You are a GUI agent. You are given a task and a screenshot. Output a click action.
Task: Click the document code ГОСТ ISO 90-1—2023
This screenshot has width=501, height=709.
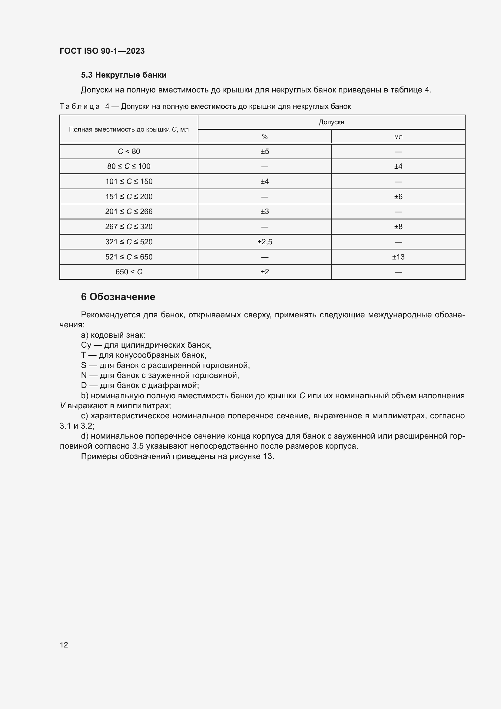(x=102, y=51)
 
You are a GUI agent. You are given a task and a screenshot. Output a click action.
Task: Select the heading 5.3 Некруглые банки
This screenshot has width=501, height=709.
(x=124, y=75)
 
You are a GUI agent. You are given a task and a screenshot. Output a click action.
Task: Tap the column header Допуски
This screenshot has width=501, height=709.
(x=331, y=122)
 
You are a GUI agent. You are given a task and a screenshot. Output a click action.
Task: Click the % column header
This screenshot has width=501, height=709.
(x=265, y=137)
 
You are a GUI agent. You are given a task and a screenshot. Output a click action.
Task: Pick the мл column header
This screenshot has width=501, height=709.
(x=398, y=137)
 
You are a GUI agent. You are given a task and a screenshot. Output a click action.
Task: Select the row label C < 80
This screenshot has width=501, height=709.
(x=129, y=152)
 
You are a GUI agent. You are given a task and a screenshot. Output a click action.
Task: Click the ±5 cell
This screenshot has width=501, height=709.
(x=265, y=152)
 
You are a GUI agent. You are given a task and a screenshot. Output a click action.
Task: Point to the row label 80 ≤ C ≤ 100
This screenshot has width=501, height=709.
(x=129, y=166)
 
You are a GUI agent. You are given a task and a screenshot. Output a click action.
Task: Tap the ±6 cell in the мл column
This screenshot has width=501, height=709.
(x=398, y=197)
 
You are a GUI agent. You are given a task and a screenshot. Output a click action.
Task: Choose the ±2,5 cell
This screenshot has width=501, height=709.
(x=265, y=242)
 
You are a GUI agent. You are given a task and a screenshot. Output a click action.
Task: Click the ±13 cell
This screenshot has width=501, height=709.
(x=398, y=257)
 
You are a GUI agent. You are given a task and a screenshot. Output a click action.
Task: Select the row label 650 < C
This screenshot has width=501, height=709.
(x=129, y=272)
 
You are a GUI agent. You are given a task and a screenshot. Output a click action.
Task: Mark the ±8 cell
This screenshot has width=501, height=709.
(x=398, y=227)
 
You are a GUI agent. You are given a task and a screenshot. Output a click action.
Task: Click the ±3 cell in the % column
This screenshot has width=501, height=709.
(x=265, y=212)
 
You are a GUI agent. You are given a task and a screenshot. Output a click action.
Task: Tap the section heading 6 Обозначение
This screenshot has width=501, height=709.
(x=118, y=297)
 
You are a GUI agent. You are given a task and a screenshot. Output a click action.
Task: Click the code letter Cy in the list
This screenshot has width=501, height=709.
(x=86, y=345)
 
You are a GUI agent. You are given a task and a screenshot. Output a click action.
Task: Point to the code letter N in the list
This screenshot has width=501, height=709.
(x=84, y=376)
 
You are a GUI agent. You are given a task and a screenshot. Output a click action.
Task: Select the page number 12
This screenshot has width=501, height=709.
(x=64, y=645)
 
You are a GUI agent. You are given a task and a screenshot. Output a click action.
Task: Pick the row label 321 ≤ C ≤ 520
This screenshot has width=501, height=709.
(x=129, y=242)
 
